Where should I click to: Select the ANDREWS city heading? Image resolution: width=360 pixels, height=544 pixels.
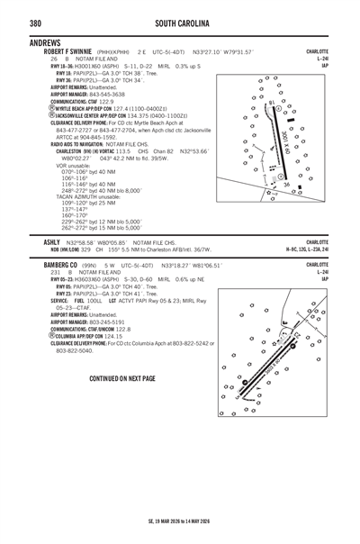tap(45, 42)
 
